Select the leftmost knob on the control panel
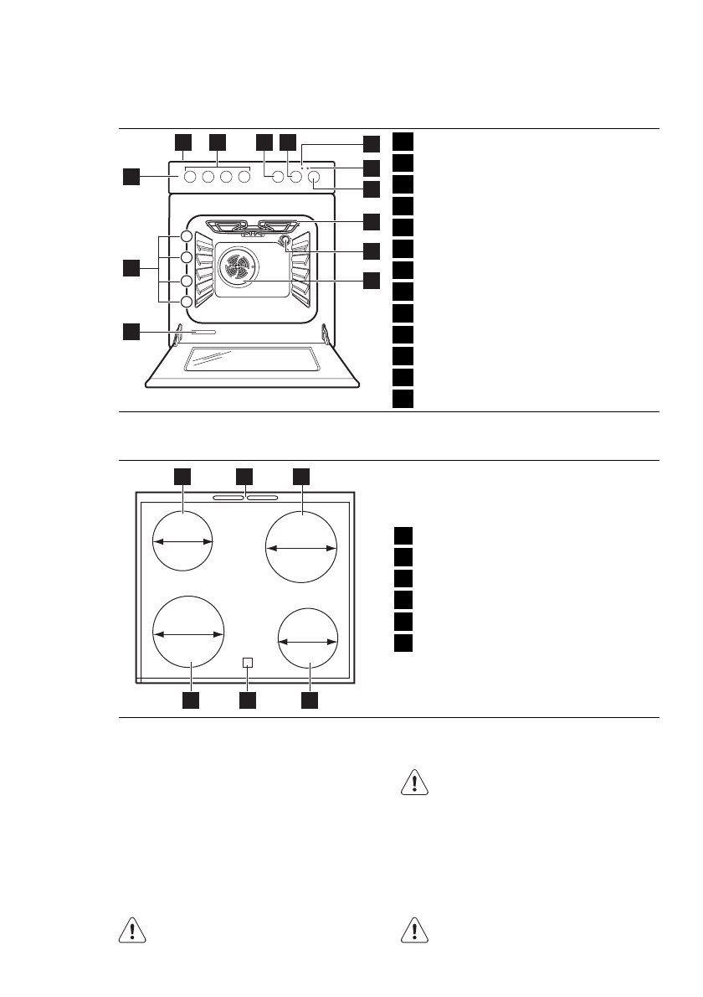click(x=189, y=177)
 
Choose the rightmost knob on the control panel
click(x=315, y=177)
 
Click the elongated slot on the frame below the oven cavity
click(x=205, y=333)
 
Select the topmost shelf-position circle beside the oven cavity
click(x=186, y=237)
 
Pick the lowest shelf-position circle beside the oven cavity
click(x=186, y=302)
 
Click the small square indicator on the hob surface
click(x=247, y=663)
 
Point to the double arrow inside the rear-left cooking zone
click(x=184, y=542)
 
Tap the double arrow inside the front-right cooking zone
click(x=308, y=641)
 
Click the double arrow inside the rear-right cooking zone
click(x=301, y=547)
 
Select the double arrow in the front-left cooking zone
click(x=189, y=635)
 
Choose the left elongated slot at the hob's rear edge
click(x=227, y=498)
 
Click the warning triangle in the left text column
click(x=130, y=932)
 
